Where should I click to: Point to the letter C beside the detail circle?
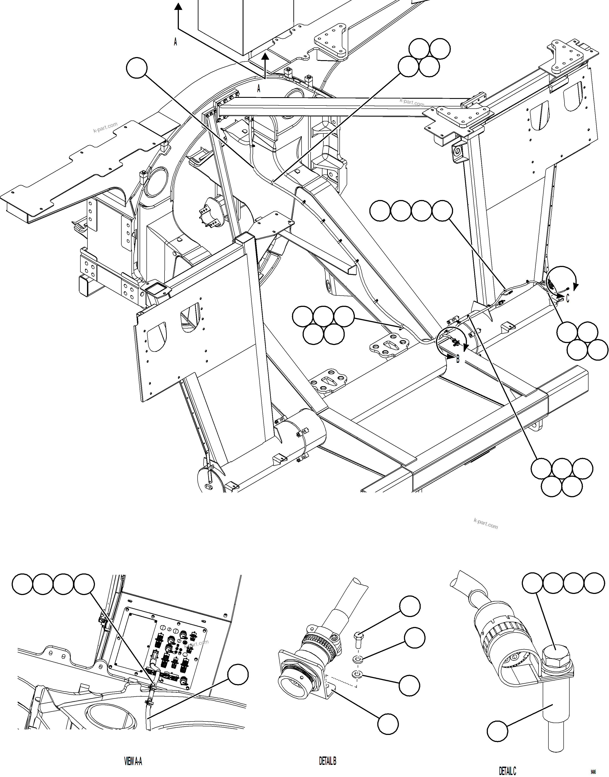pyautogui.click(x=568, y=298)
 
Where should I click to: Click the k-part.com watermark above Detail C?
pyautogui.click(x=486, y=523)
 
